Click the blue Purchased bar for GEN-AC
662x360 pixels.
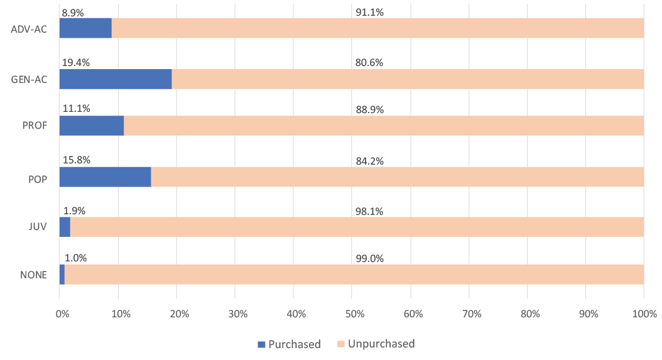[116, 79]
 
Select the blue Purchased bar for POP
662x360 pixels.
[105, 177]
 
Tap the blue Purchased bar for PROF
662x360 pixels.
[92, 126]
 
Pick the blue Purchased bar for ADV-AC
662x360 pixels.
[85, 28]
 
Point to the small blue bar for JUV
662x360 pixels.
[65, 227]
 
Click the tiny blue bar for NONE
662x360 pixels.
[62, 275]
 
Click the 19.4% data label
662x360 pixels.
[75, 63]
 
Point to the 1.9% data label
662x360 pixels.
[75, 210]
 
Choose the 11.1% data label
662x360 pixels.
[75, 109]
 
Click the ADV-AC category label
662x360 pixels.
[30, 29]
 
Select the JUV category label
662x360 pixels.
[38, 227]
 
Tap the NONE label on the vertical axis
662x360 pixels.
[33, 275]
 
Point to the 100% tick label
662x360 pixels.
[644, 314]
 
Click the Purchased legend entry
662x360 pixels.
[288, 344]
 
